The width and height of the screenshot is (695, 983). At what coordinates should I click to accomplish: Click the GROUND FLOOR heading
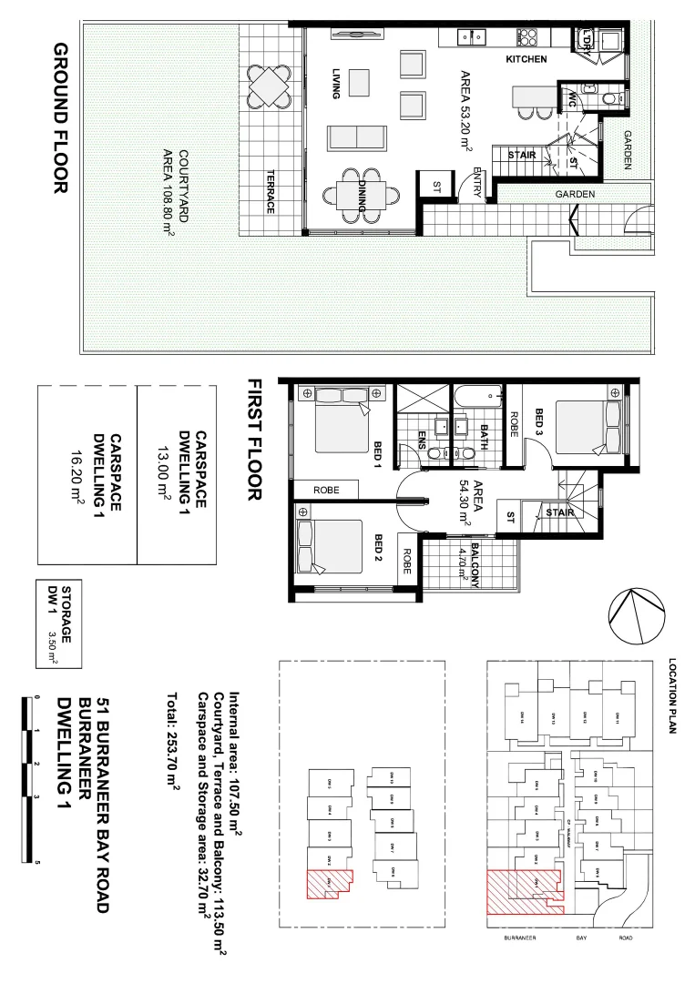point(61,118)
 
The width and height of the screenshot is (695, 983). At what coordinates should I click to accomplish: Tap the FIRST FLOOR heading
point(255,440)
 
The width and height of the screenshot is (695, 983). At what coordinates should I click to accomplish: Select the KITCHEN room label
point(526,59)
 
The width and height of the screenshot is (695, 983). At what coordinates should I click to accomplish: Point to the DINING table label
point(362,195)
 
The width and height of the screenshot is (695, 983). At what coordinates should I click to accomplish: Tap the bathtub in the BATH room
point(479,396)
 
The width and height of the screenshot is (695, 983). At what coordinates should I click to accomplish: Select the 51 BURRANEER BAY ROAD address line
point(103,806)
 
